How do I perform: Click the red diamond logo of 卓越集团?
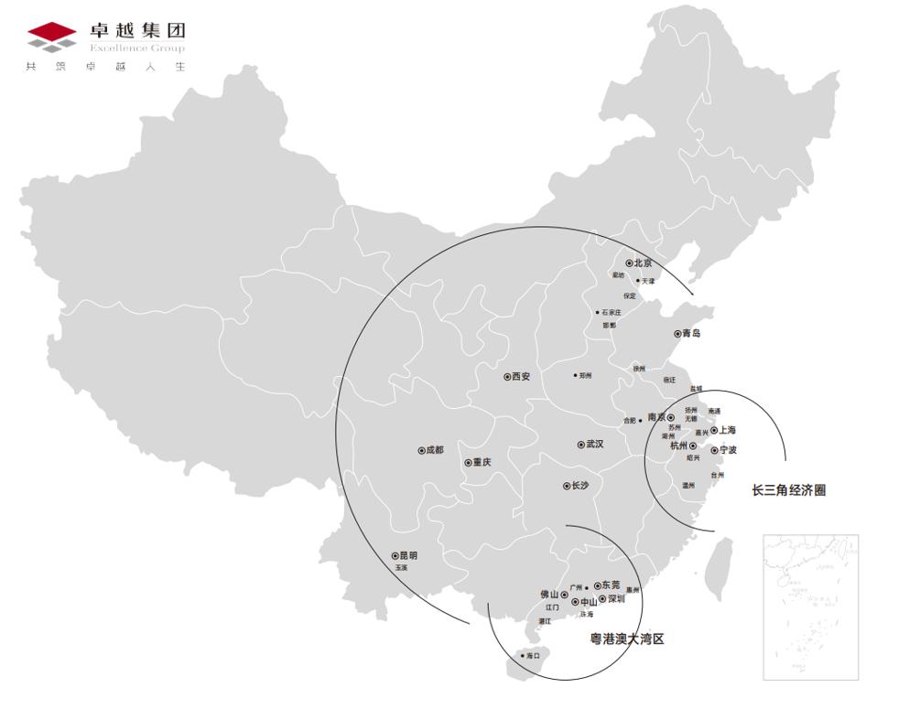tap(52, 36)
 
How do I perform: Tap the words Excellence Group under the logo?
tap(137, 48)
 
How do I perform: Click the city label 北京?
tap(644, 263)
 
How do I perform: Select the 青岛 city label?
tap(691, 334)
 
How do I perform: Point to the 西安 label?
tap(521, 376)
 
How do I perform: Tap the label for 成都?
tap(435, 450)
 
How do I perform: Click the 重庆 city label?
tap(482, 463)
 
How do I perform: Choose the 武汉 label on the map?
tap(595, 445)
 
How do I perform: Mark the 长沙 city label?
tap(580, 486)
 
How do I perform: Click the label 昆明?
tap(408, 555)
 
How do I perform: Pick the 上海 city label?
tap(728, 430)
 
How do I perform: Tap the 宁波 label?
tap(729, 450)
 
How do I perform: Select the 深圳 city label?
tap(616, 599)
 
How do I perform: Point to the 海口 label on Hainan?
tap(534, 656)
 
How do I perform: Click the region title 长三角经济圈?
tap(789, 490)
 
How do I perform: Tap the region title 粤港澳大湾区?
tap(627, 639)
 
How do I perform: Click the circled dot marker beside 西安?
tap(506, 376)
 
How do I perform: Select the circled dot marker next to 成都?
tap(420, 450)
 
